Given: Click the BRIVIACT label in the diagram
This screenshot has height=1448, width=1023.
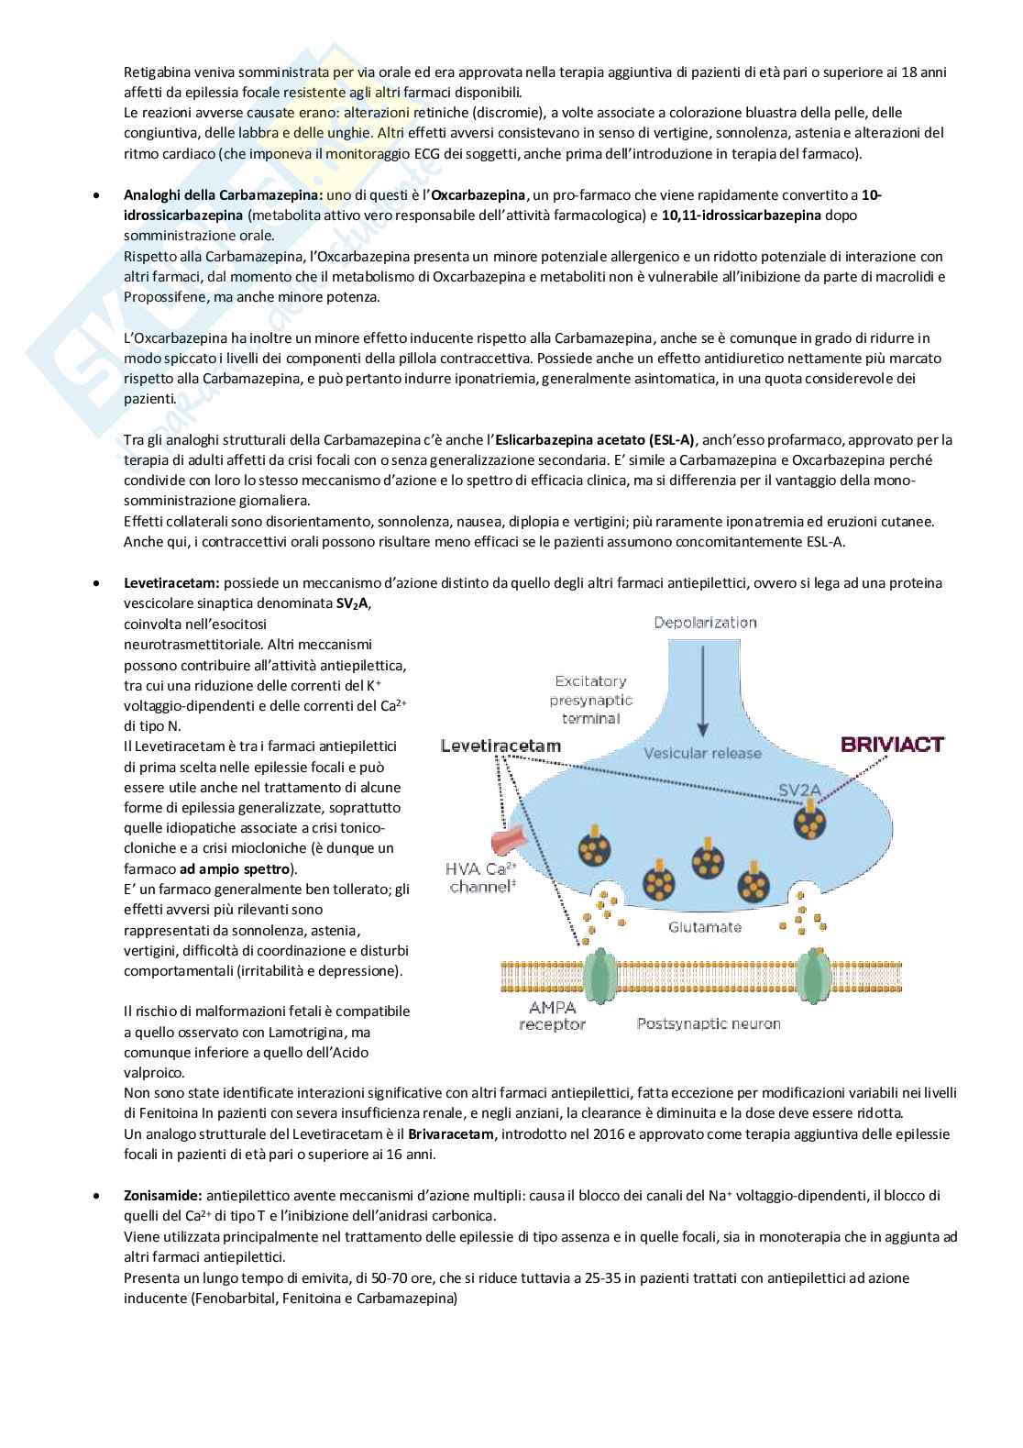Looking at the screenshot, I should (892, 744).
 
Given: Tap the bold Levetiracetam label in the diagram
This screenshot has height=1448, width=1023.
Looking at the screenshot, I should (500, 746).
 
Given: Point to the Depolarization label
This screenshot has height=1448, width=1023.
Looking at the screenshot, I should (704, 623).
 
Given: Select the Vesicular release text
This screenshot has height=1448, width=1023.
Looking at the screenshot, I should (702, 753).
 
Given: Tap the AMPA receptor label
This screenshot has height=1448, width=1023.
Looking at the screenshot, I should (552, 1015).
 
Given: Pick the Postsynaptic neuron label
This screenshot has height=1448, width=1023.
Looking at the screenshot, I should (709, 1022).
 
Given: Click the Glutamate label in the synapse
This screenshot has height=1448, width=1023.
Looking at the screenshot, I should (705, 927).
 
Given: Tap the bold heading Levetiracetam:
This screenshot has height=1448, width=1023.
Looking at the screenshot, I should (171, 582).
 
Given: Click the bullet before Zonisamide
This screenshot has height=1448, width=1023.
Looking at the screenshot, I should (96, 1196).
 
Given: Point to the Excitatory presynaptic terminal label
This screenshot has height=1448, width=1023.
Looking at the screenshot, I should (590, 699).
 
